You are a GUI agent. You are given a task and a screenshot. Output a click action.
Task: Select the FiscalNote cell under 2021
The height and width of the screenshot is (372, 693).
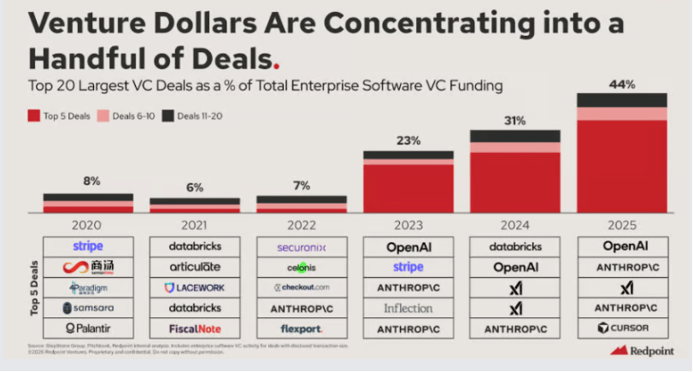coord(195,328)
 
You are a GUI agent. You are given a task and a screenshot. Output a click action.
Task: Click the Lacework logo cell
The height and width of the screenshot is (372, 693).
coord(195,287)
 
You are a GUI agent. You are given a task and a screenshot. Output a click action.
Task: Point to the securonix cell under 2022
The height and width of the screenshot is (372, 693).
coord(302,247)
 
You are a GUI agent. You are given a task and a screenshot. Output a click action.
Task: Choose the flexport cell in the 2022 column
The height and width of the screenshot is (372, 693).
coord(302,328)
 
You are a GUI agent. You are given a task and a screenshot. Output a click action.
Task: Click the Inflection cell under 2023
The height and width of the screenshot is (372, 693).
coord(408,308)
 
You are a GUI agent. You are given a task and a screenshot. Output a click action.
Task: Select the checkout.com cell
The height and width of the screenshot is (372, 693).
coord(302,287)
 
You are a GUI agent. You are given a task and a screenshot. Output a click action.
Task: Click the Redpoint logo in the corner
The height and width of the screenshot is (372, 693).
coord(643,351)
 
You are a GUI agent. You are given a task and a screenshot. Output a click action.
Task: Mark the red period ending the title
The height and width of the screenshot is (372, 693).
coord(275,65)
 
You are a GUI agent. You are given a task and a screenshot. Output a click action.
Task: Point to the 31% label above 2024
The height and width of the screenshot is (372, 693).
coord(515,121)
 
